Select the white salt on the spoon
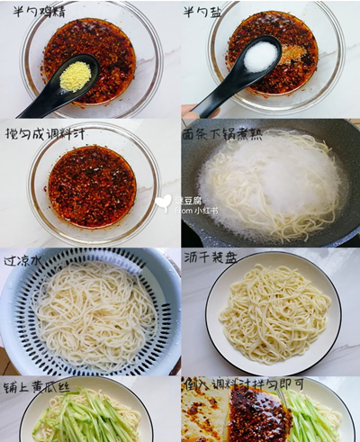tap(260, 56)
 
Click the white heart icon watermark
tap(163, 203)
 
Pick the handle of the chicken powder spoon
tap(36, 106)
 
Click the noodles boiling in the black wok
tap(270, 185)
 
